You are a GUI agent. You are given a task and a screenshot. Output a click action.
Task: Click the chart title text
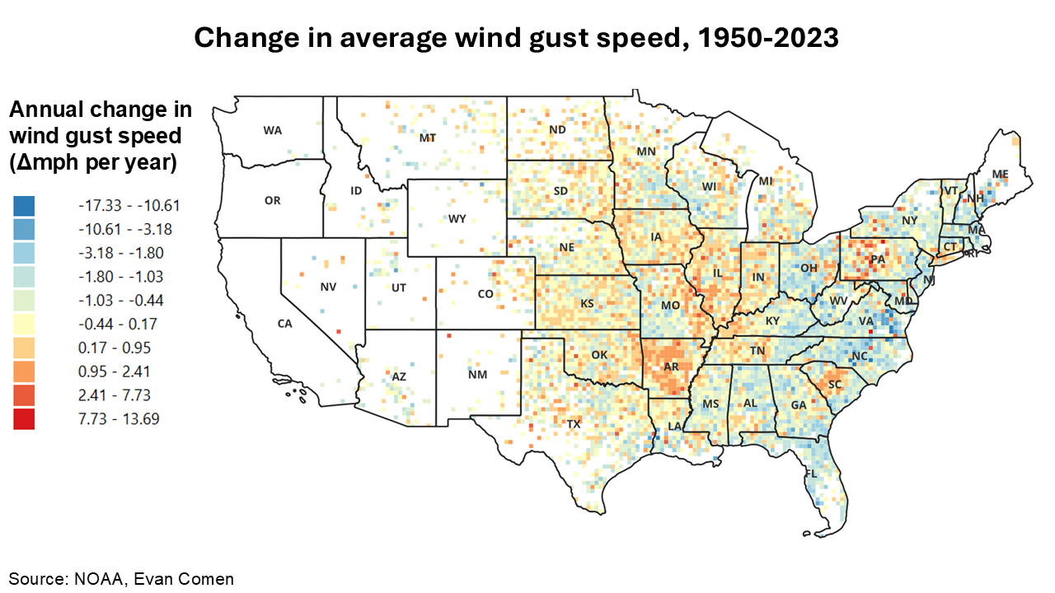516,38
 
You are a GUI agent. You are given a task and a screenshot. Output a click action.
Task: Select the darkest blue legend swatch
24,205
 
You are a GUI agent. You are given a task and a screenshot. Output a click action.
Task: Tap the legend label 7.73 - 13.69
119,419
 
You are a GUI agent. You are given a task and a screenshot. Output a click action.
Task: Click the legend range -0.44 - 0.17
117,324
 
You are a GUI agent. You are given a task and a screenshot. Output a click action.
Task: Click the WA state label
273,130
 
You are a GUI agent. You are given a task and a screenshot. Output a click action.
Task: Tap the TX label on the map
574,423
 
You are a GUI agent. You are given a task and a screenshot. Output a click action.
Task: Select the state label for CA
284,324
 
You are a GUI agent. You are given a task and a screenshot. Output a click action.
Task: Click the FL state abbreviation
811,474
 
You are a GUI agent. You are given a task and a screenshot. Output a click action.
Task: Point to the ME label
1000,174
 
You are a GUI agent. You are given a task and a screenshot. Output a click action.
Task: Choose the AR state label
669,368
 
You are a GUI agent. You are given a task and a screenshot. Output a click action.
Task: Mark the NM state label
477,375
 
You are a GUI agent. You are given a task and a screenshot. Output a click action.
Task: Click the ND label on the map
558,129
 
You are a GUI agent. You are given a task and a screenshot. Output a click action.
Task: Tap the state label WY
458,219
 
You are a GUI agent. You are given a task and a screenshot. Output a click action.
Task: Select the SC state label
834,384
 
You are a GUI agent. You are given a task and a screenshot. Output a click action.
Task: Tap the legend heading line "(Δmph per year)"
92,162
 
